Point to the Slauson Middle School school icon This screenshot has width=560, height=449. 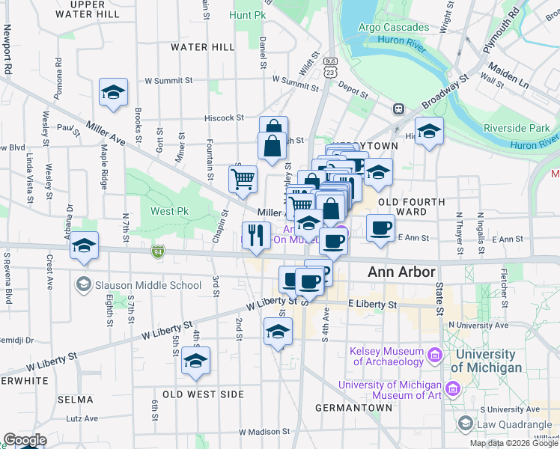point(83,285)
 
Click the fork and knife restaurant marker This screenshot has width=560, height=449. point(256,235)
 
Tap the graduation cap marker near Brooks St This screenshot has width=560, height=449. point(113,92)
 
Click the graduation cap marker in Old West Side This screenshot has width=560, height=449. point(195,361)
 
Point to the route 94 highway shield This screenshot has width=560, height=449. point(157,251)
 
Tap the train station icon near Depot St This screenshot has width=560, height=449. point(399,109)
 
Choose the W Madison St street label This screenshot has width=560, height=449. point(264,432)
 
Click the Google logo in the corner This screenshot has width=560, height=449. point(25,440)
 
